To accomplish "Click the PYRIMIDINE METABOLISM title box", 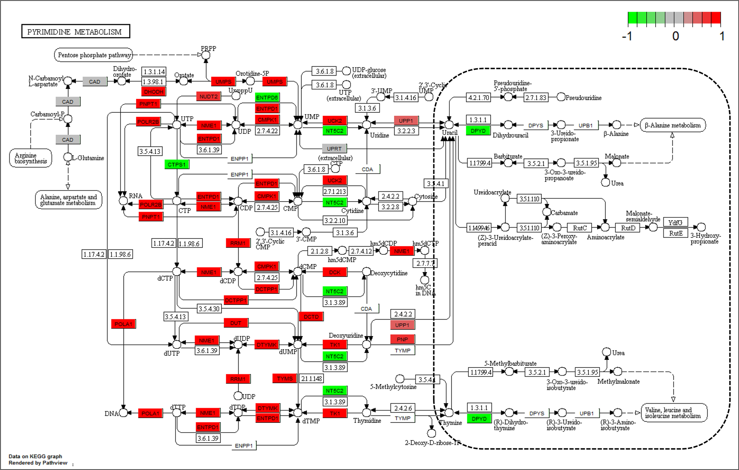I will coord(75,32).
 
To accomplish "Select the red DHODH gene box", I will coord(153,92).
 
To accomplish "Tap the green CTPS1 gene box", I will coord(177,164).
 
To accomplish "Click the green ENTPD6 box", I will coord(267,97).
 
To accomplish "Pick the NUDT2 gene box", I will coord(209,96).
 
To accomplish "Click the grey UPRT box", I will coord(334,148).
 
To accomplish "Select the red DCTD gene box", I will coord(311,316).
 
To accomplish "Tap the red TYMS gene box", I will coord(285,378).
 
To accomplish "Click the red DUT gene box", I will coord(236,323).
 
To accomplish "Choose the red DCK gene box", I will coord(335,272).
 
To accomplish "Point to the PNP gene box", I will coord(402,339).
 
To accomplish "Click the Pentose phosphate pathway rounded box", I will coord(94,55).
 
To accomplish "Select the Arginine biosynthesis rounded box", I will coord(31,158).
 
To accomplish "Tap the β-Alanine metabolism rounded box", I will coord(673,125).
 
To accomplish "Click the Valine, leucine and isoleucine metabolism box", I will coord(673,413).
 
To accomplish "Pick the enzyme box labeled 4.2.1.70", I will coord(478,97).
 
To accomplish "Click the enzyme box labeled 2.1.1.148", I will coord(311,378).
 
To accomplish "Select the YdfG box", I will coord(675,222).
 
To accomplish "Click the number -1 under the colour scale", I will coord(627,36).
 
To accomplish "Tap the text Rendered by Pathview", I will coord(38,463).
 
